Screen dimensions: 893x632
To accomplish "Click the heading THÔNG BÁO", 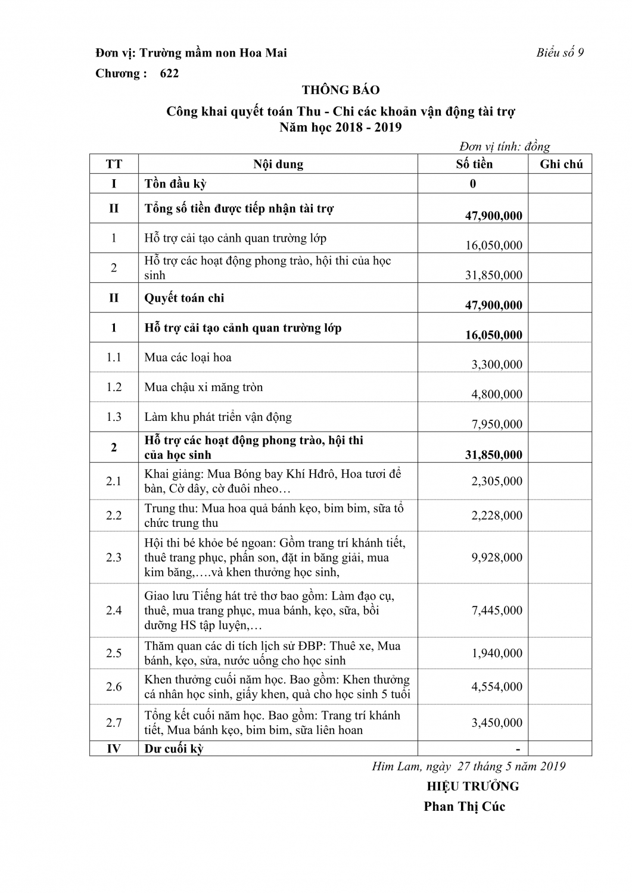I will pos(340,90).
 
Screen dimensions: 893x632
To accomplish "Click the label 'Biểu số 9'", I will pos(559,52).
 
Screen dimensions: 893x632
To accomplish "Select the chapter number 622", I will pos(169,73).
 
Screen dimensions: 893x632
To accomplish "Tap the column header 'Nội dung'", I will pos(278,164).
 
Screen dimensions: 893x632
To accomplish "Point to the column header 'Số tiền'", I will pos(474,164).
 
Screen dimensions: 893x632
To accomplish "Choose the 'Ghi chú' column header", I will pos(561,164).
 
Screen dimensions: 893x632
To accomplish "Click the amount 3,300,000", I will pos(497,364).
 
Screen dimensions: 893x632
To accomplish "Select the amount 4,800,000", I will pos(497,394).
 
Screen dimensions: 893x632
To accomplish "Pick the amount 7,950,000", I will pos(497,424).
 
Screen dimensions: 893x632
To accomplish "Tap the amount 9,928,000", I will pos(497,557).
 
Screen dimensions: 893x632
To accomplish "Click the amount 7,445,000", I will pos(497,610).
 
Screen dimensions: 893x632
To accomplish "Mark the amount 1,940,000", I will pos(497,653).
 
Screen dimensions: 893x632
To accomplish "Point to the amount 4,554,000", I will pos(497,686).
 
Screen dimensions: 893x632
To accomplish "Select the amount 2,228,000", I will pos(497,515).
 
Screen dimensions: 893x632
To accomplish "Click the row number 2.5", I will pos(114,653).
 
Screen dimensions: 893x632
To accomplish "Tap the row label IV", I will pos(114,748).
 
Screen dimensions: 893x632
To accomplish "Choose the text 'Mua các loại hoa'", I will pos(188,357).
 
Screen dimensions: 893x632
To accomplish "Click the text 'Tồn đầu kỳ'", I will pos(175,183).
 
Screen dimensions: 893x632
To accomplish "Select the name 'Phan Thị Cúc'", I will pos(464,807).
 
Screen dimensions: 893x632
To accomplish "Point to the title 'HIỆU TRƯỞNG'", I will pos(472,786).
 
